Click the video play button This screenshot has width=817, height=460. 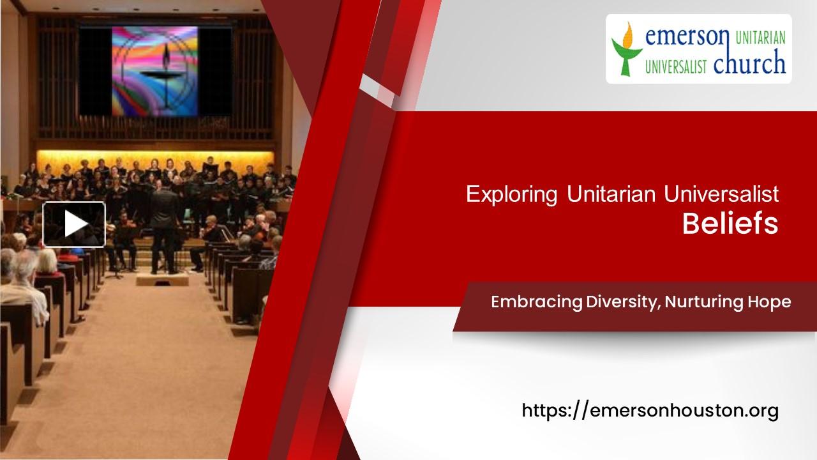[x=74, y=224]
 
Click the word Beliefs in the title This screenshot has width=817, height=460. [x=730, y=224]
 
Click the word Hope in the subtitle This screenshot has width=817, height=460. [x=771, y=302]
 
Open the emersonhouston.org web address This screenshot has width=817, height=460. [x=650, y=410]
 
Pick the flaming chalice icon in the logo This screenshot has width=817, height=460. [x=626, y=49]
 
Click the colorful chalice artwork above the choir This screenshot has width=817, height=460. [x=155, y=71]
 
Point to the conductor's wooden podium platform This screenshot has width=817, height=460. [x=162, y=279]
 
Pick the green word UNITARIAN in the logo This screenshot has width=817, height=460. [x=760, y=39]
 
